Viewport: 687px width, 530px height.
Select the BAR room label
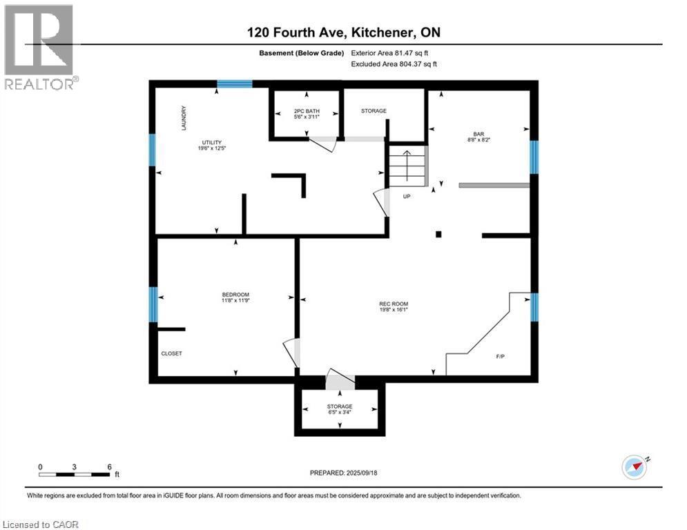478,134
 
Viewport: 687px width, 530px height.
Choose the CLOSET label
171,353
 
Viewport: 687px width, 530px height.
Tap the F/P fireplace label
501,357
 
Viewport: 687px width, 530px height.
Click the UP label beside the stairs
407,197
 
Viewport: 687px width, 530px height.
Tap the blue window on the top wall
234,84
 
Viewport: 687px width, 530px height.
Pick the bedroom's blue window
153,304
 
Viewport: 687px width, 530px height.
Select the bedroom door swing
292,353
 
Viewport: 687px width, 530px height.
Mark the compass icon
634,467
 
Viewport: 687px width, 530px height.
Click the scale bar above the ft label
75,474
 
